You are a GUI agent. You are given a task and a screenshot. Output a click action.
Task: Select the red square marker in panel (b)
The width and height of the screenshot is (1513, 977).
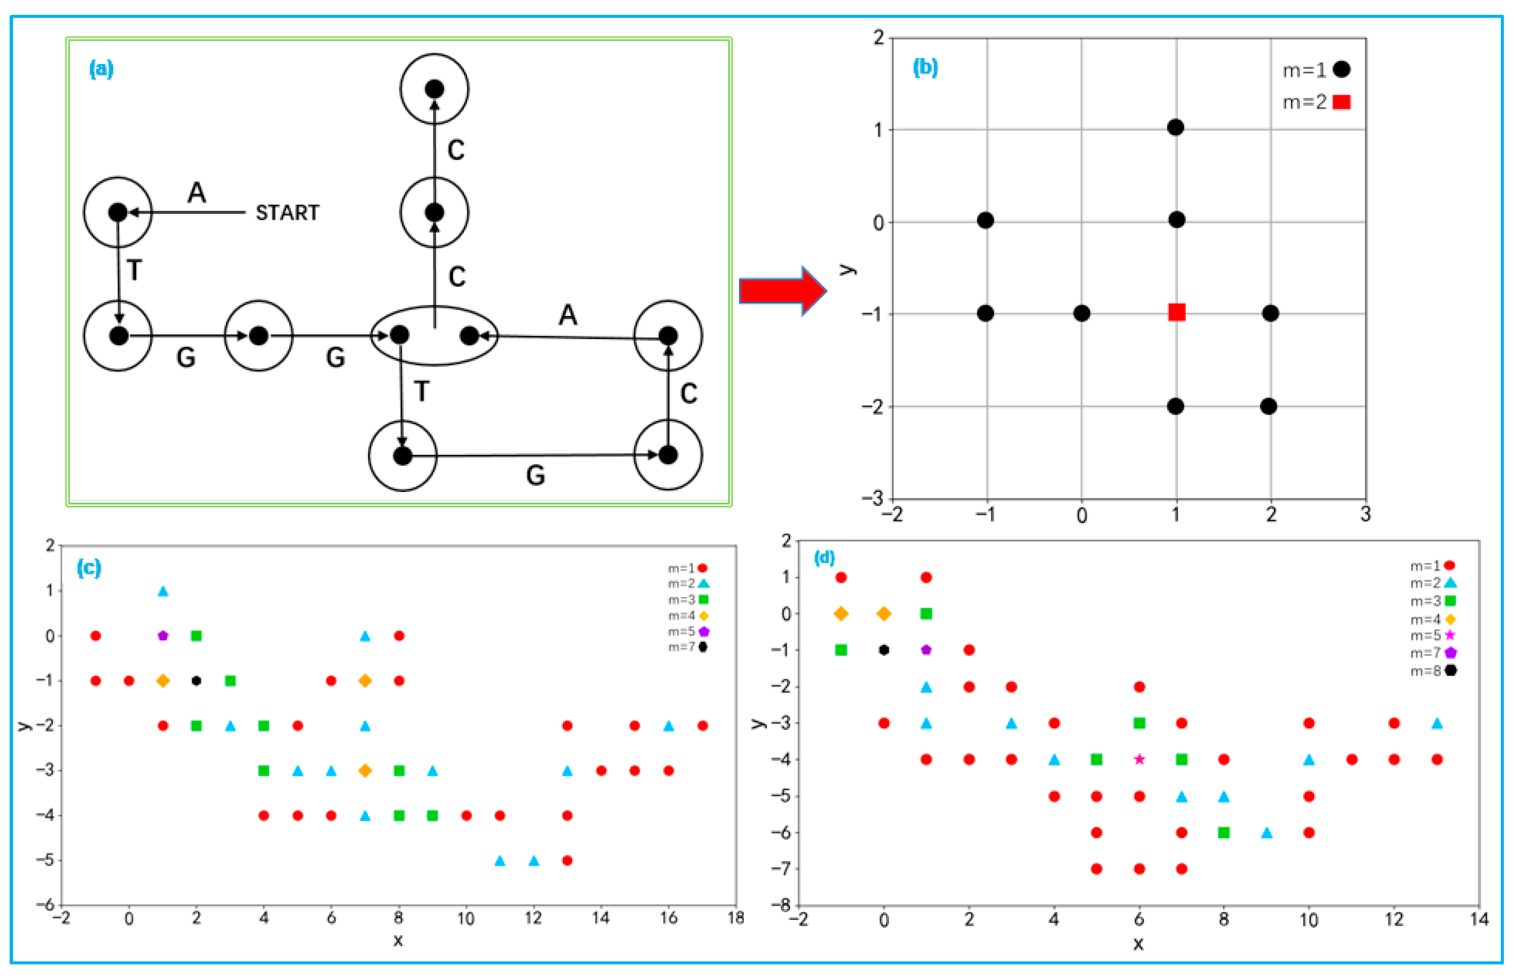coord(1177,312)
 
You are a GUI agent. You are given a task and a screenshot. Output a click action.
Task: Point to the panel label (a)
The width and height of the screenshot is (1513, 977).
coord(102,68)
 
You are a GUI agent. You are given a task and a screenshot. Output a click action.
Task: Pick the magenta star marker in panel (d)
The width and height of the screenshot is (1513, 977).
coord(1139,759)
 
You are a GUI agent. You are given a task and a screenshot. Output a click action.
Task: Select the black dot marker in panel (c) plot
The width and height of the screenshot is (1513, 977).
coord(196,681)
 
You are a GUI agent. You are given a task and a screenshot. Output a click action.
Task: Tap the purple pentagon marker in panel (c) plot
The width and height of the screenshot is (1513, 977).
coord(163,636)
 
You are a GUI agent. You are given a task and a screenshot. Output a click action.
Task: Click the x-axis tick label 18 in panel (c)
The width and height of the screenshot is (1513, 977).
coord(735,918)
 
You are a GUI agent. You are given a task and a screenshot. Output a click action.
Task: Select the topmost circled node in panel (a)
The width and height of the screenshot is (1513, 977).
coord(434,89)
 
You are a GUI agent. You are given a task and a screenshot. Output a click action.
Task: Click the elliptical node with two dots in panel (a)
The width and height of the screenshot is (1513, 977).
coord(434,336)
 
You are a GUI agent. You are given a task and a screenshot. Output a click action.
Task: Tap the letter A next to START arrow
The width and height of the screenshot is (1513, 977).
coord(197,192)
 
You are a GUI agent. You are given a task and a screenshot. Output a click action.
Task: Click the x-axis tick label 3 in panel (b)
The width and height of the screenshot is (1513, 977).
coord(1365,514)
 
